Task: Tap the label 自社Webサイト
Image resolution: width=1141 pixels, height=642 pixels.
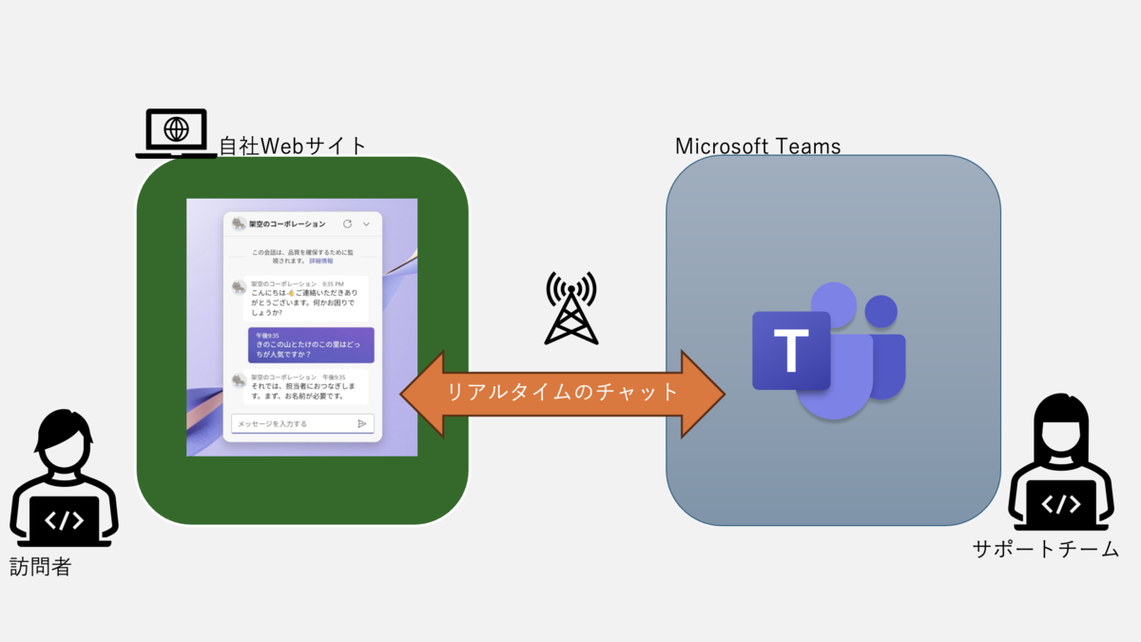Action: point(293,146)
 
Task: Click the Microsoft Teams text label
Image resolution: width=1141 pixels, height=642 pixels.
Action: point(758,146)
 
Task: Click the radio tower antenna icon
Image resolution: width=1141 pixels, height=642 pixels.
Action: point(570,308)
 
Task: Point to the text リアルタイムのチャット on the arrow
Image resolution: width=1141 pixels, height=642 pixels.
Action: point(564,392)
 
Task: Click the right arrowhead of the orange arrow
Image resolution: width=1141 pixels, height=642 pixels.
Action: point(706,392)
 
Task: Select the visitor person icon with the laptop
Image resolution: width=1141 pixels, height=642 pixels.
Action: point(64,484)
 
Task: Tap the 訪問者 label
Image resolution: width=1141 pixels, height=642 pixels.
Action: point(41,568)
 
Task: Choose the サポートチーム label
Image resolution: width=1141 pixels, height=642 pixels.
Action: point(1045,550)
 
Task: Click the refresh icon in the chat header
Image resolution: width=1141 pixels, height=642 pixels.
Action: point(347,224)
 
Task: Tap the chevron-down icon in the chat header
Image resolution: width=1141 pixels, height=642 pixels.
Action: point(367,224)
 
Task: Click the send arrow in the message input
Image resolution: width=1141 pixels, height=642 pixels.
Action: point(361,423)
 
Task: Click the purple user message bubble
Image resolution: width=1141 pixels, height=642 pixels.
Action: point(310,345)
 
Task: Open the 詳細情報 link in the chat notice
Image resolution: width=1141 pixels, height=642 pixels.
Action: point(321,260)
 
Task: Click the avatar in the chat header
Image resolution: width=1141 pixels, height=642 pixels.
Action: point(239,224)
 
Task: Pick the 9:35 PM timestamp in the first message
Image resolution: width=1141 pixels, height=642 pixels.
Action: point(333,283)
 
